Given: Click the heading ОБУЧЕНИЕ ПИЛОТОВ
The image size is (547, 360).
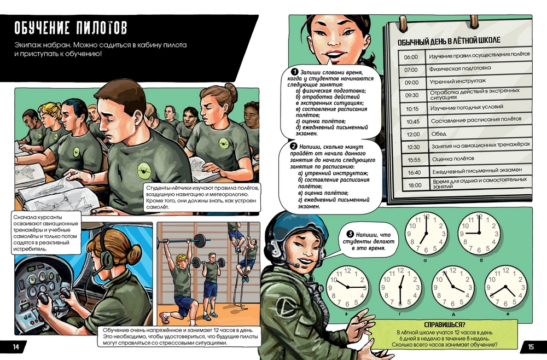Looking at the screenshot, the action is (x=71, y=28).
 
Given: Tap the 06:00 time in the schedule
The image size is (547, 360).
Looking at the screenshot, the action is (x=411, y=57).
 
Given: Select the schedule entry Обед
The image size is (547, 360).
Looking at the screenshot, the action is (x=439, y=134).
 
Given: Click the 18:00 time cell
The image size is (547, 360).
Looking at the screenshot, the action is (x=415, y=185).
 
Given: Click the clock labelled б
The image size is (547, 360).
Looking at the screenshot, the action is (x=479, y=233).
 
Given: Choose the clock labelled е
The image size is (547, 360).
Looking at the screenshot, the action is (x=505, y=287).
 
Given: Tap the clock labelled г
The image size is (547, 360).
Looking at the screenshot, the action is (x=400, y=287).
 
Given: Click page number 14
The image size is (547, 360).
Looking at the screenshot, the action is (x=16, y=347).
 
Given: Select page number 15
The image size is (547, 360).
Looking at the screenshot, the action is (x=531, y=347).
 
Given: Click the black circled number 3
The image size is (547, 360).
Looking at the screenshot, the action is (x=350, y=234).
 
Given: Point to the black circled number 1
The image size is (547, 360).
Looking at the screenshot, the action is (x=295, y=72).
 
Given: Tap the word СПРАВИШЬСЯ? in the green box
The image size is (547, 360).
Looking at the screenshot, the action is (x=444, y=325).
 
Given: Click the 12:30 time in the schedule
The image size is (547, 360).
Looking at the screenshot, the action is (x=413, y=147).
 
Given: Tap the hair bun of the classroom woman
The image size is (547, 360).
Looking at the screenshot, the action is (x=231, y=91).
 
